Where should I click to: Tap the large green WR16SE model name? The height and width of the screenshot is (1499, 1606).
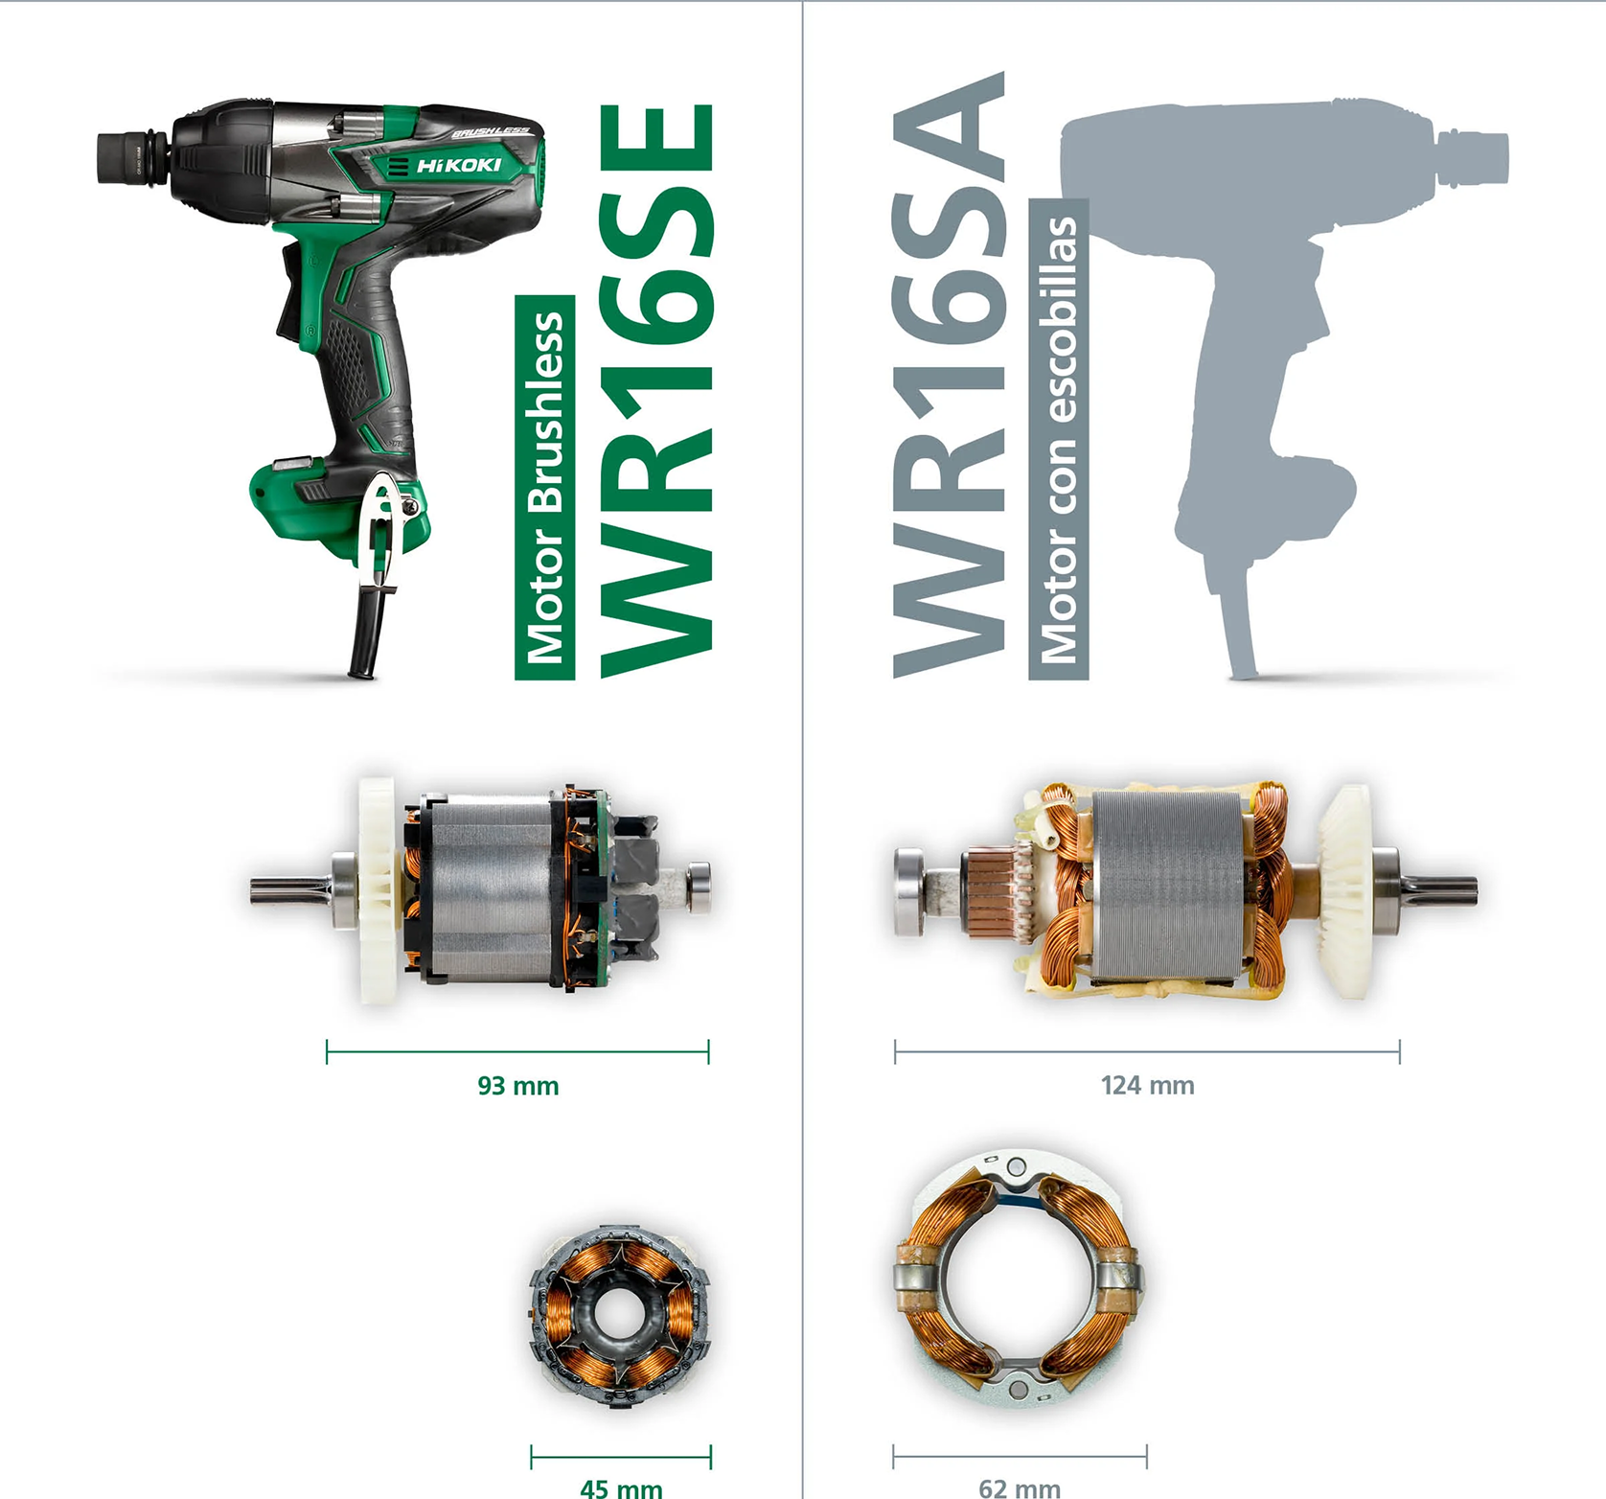(x=656, y=391)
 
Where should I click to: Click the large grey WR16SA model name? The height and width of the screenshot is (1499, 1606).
(x=949, y=375)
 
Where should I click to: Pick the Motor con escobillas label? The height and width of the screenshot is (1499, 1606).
(x=1059, y=439)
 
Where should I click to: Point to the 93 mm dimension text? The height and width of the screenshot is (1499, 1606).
(x=518, y=1086)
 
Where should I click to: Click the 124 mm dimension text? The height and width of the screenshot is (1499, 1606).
(x=1148, y=1086)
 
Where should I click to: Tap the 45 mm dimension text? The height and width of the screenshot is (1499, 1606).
(x=621, y=1488)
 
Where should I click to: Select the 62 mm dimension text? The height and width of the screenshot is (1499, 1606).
(x=1020, y=1488)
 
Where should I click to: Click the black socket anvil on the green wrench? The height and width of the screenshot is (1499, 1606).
(x=134, y=157)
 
